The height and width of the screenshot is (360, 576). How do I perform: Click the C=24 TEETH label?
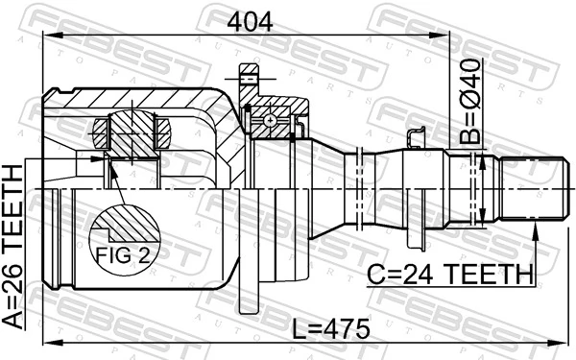click(x=449, y=275)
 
